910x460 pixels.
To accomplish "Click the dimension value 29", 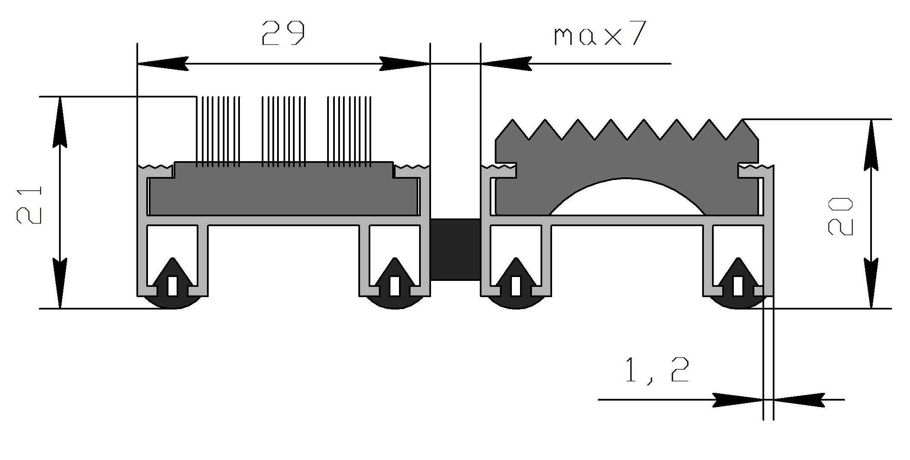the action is [x=283, y=33].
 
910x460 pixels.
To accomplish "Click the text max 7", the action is [x=599, y=33].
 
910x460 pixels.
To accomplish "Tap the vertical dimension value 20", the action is [x=840, y=216].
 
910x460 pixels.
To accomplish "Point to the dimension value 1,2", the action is [x=657, y=370].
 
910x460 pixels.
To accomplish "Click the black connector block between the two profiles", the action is [x=455, y=250].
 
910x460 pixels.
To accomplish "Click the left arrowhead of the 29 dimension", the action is [x=162, y=64].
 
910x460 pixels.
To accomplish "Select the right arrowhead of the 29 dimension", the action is [x=405, y=64].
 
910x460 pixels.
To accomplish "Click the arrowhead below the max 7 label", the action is [x=506, y=64].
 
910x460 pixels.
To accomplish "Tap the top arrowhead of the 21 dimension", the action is [x=60, y=122].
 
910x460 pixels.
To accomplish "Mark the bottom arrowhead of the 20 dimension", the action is [x=871, y=283].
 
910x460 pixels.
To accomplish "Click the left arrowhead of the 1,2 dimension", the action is [x=738, y=400].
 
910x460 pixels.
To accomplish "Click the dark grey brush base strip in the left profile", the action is [x=283, y=189].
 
